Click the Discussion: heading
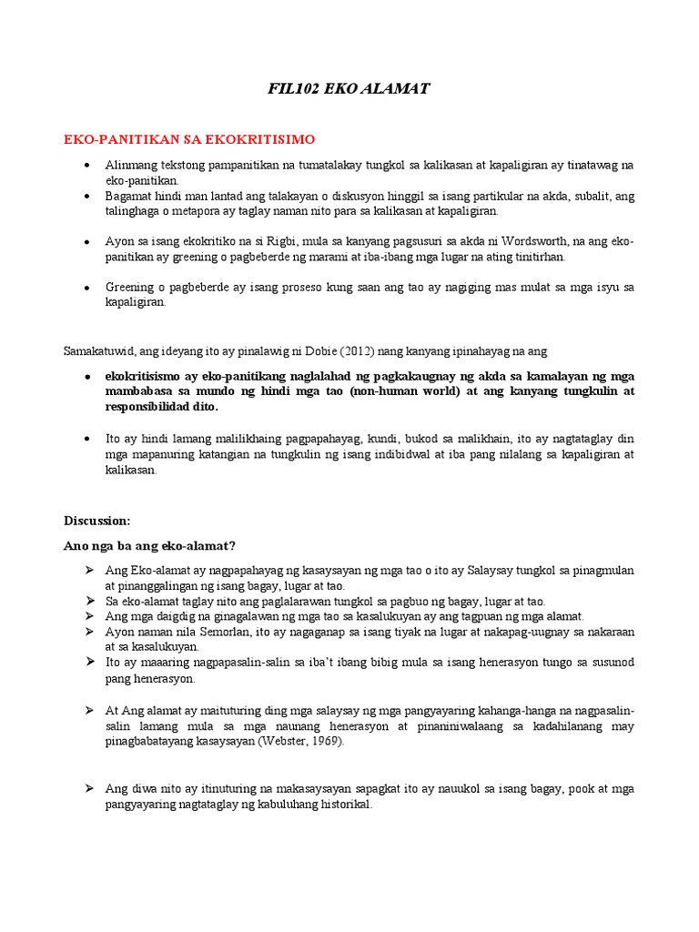(x=96, y=521)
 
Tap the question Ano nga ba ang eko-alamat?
(x=149, y=546)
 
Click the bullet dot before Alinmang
(x=86, y=166)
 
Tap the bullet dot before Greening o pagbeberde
(x=86, y=288)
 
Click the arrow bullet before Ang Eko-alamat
(x=89, y=570)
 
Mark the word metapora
(x=203, y=210)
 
